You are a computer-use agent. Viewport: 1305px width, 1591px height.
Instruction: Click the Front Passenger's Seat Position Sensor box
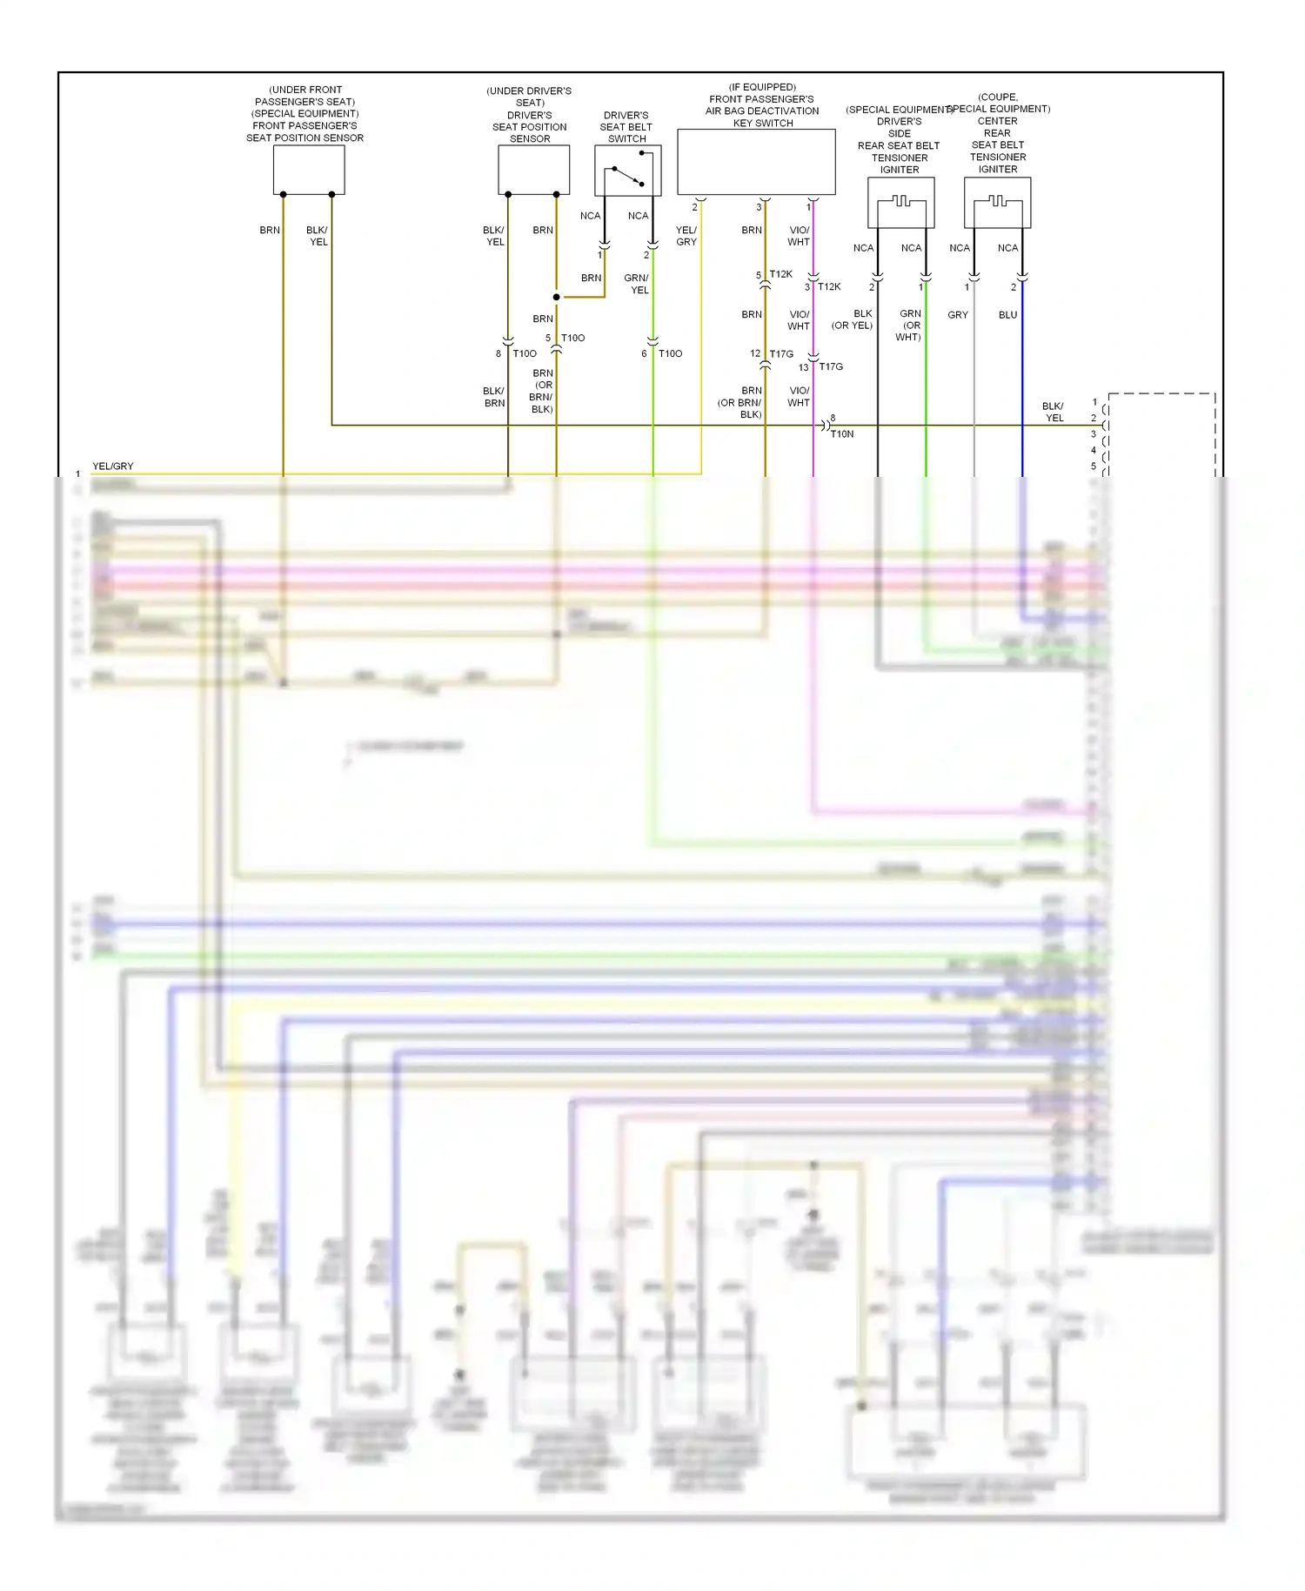pyautogui.click(x=309, y=170)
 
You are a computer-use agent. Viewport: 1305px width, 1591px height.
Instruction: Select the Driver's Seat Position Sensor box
pyautogui.click(x=533, y=170)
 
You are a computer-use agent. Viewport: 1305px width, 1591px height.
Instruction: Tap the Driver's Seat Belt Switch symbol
pyautogui.click(x=627, y=171)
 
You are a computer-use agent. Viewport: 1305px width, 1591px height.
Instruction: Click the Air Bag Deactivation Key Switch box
pyautogui.click(x=756, y=162)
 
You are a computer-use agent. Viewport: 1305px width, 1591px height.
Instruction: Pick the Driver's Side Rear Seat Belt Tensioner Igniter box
pyautogui.click(x=900, y=202)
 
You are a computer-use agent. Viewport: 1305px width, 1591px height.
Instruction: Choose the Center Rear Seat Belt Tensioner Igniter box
pyautogui.click(x=997, y=202)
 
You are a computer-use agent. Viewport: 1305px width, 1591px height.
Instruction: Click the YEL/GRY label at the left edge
pyautogui.click(x=113, y=467)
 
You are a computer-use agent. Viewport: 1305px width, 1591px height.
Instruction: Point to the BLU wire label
pyautogui.click(x=1007, y=315)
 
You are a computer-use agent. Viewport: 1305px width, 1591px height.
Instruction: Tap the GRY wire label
pyautogui.click(x=958, y=315)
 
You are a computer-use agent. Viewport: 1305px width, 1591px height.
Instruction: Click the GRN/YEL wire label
pyautogui.click(x=637, y=284)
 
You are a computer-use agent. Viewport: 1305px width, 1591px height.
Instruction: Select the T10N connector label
pyautogui.click(x=842, y=433)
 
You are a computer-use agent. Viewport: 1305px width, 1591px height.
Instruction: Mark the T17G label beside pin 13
pyautogui.click(x=831, y=366)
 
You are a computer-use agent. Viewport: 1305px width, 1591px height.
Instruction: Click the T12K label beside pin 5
pyautogui.click(x=780, y=274)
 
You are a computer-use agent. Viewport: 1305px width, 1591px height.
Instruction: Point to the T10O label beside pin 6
pyautogui.click(x=670, y=353)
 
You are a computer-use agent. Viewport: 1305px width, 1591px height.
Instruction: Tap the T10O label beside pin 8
pyautogui.click(x=525, y=353)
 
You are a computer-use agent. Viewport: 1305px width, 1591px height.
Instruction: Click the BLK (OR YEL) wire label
pyautogui.click(x=853, y=319)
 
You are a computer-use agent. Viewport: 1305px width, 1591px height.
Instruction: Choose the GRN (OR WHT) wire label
pyautogui.click(x=909, y=326)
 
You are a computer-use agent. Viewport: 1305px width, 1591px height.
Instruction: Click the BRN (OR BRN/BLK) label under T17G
pyautogui.click(x=740, y=402)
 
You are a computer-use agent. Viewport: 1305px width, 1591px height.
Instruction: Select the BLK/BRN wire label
pyautogui.click(x=494, y=397)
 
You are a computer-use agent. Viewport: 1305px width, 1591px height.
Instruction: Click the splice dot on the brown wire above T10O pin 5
pyautogui.click(x=557, y=297)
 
